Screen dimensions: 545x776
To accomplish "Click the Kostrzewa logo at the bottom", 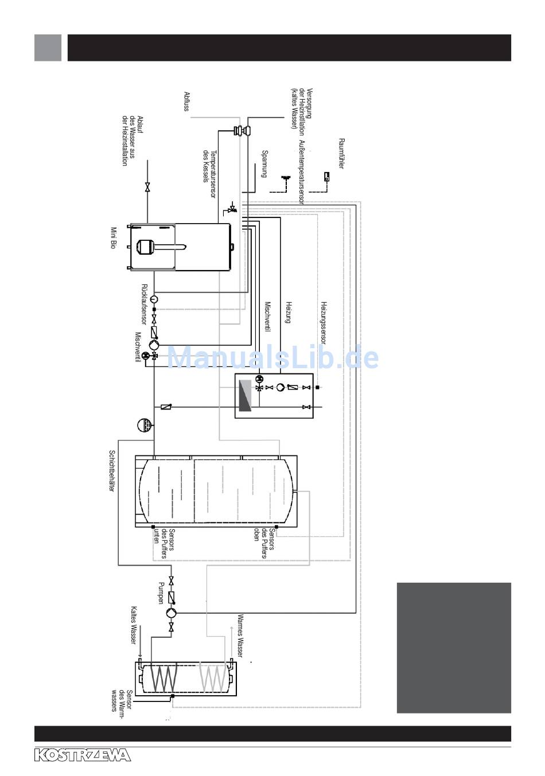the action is click(x=83, y=755).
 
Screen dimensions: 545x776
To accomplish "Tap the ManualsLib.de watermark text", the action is click(x=272, y=357).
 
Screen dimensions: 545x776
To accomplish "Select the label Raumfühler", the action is click(x=341, y=153).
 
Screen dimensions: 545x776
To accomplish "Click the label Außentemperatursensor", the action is click(x=302, y=172).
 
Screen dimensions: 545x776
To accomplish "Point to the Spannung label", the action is click(x=264, y=164).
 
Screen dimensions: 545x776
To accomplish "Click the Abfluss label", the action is click(x=187, y=101).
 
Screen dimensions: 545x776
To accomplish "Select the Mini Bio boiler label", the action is click(x=113, y=238).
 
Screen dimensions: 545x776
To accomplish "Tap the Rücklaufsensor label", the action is click(x=144, y=305).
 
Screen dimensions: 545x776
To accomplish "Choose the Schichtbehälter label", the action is click(x=112, y=470).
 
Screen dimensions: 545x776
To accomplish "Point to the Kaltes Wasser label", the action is click(x=133, y=625).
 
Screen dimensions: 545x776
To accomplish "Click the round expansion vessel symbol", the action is click(x=143, y=425).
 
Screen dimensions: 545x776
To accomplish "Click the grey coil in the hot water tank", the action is click(x=213, y=678).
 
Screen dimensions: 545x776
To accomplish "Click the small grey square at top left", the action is click(x=48, y=48).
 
